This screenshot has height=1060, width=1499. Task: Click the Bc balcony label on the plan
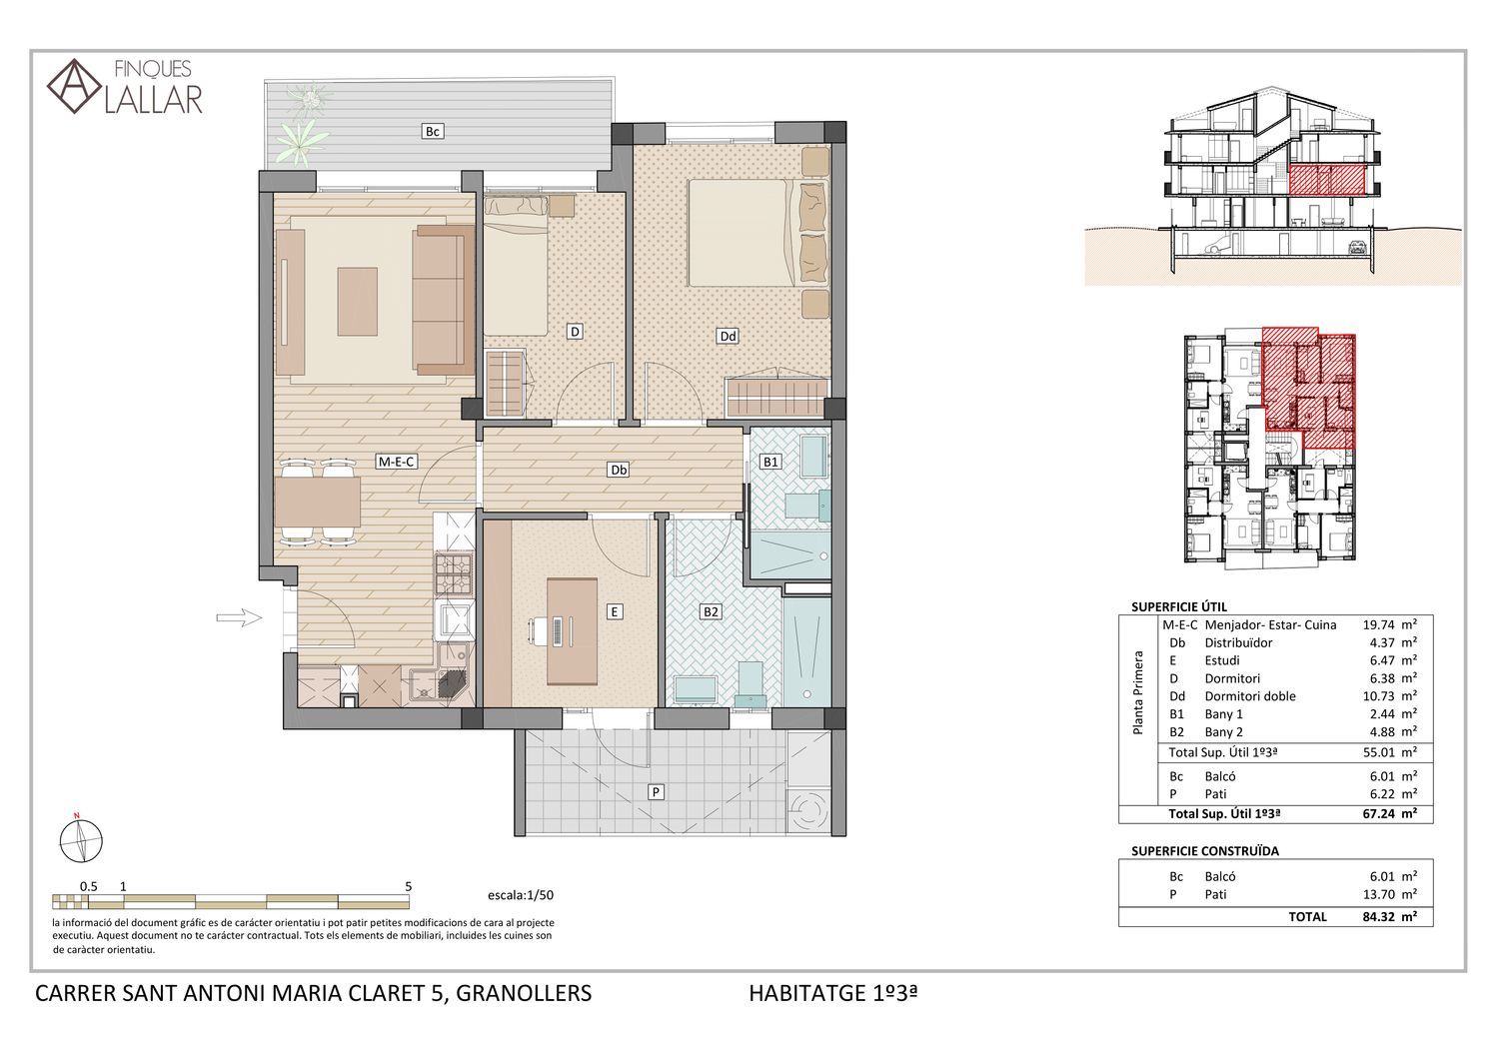click(x=432, y=131)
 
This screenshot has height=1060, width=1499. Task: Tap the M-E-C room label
click(x=397, y=462)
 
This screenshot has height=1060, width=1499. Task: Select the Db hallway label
click(x=619, y=470)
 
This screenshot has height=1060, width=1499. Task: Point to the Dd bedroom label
click(x=728, y=336)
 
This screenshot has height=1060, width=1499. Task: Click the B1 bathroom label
click(x=770, y=462)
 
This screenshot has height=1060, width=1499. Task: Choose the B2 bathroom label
click(x=710, y=611)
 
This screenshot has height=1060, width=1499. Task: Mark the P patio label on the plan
click(x=656, y=792)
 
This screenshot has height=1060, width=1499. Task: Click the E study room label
click(x=614, y=611)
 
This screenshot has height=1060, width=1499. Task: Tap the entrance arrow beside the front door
click(x=239, y=617)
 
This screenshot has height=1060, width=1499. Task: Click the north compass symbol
click(x=80, y=840)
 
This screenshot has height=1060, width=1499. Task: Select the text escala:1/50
click(x=521, y=895)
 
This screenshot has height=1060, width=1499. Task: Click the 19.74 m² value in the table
click(x=1389, y=624)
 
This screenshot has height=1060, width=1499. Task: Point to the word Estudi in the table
click(x=1222, y=660)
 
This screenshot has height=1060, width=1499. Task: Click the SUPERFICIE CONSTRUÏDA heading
click(x=1204, y=851)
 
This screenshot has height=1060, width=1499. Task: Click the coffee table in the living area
click(x=358, y=302)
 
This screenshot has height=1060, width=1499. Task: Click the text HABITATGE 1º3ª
click(x=832, y=993)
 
